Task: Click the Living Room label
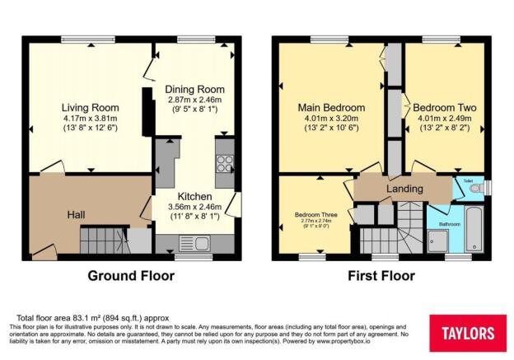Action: click(x=91, y=107)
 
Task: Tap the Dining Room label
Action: click(x=194, y=89)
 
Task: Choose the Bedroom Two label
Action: click(x=442, y=107)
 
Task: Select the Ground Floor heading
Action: click(x=133, y=275)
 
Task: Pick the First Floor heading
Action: click(x=380, y=275)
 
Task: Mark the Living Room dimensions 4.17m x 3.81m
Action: click(x=91, y=119)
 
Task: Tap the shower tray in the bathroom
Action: click(x=442, y=240)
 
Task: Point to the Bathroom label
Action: click(x=449, y=223)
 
